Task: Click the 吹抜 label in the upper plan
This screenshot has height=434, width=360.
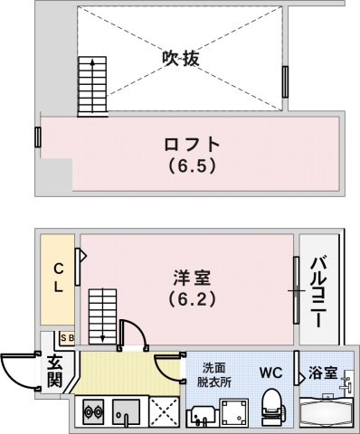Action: point(180,58)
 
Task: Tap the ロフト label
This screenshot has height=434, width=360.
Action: point(191,144)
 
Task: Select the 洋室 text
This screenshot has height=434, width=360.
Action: point(192,276)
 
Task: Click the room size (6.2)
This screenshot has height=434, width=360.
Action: point(192,297)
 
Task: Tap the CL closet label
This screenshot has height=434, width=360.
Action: point(57,277)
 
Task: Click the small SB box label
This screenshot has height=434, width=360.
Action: point(67,338)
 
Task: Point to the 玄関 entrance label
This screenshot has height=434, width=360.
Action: point(55,372)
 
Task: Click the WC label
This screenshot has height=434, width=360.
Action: point(272,373)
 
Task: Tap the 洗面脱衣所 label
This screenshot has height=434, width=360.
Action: point(214,374)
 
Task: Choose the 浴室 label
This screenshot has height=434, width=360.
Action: point(323,373)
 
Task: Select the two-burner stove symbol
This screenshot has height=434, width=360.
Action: point(93,412)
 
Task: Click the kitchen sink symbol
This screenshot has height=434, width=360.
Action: point(126,412)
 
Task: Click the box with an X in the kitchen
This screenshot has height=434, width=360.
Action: point(164,411)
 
